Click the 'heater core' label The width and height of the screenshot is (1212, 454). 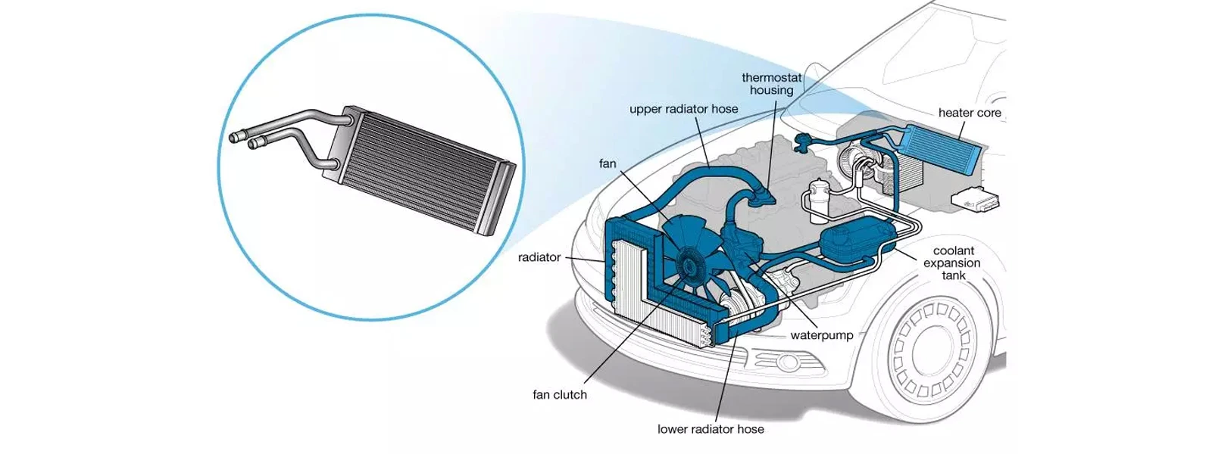[x=969, y=113]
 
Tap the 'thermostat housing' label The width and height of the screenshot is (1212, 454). [x=771, y=83]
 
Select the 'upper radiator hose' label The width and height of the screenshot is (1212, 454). [x=683, y=109]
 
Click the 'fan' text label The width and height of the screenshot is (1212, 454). [x=608, y=163]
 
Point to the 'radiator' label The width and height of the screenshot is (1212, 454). [x=539, y=257]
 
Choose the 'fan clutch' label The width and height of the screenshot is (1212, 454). [x=560, y=394]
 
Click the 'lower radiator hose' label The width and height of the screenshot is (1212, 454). [x=711, y=429]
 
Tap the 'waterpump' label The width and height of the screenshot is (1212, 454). [x=822, y=334]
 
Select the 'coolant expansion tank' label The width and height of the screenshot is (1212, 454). [x=952, y=263]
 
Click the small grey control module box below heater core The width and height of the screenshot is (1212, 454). [x=975, y=200]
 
